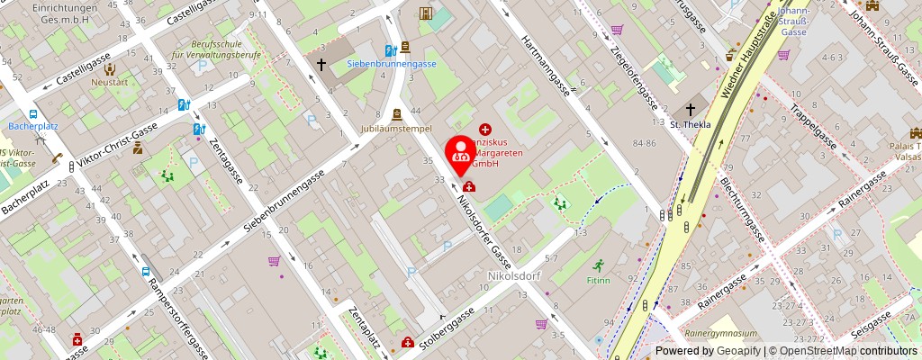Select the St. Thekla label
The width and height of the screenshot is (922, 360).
[x=696, y=124]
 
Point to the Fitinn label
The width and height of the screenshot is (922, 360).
[x=600, y=280]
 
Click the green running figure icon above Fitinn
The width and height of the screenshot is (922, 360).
[x=600, y=265]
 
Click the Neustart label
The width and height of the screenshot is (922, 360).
[x=110, y=82]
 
